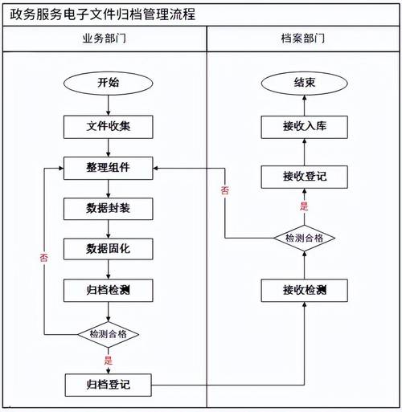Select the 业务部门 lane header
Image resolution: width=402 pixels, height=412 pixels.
coord(104,39)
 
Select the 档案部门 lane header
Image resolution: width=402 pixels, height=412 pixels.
coord(303,39)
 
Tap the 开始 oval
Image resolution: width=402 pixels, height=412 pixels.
coord(109,83)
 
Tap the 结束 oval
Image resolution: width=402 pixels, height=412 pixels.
coord(304,83)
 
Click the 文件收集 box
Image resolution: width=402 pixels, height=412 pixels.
coord(109,126)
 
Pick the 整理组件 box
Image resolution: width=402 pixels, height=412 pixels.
coord(109,168)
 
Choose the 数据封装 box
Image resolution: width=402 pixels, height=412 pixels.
coord(109,209)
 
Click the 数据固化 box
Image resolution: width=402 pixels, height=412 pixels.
coord(109,249)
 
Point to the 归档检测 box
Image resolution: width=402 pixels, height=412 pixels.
coord(109,290)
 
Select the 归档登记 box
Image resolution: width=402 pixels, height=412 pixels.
coord(109,385)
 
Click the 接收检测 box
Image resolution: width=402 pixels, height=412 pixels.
coord(304,290)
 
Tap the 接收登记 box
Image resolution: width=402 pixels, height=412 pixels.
coord(304,176)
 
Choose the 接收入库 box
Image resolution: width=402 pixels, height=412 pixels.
coord(304,126)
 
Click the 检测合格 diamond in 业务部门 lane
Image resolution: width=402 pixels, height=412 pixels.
coord(109,333)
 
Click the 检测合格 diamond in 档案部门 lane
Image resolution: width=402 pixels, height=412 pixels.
coord(304,238)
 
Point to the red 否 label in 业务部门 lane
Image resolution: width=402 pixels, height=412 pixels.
coord(43,259)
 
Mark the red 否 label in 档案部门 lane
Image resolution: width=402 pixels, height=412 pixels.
coord(224,190)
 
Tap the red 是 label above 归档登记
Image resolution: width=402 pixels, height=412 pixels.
coord(108,360)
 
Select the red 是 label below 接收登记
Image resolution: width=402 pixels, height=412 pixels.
coord(304,206)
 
